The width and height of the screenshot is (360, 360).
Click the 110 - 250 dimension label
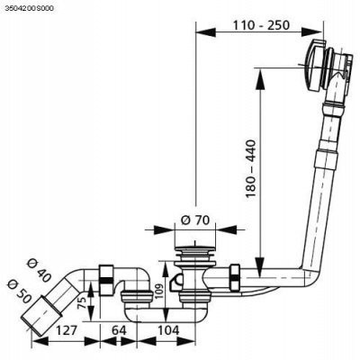(261, 25)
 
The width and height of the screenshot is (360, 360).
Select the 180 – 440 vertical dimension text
(251, 168)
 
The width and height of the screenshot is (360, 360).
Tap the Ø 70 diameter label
(195, 220)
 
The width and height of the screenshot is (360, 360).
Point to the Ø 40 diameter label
(39, 270)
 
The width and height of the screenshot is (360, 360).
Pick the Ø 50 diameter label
(20, 291)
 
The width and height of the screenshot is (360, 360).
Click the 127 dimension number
(66, 330)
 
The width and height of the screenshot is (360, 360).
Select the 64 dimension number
(119, 330)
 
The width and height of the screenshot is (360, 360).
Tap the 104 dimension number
(168, 330)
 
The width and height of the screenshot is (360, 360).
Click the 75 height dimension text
(83, 302)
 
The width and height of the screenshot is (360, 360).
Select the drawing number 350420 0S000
(30, 9)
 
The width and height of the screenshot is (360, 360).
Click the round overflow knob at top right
(314, 65)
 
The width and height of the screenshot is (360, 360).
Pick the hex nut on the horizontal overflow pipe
(235, 277)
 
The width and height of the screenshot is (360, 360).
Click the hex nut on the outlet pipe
(106, 279)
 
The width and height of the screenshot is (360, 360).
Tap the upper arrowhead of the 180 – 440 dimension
(260, 78)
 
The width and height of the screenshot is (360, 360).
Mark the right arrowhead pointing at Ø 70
(226, 230)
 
